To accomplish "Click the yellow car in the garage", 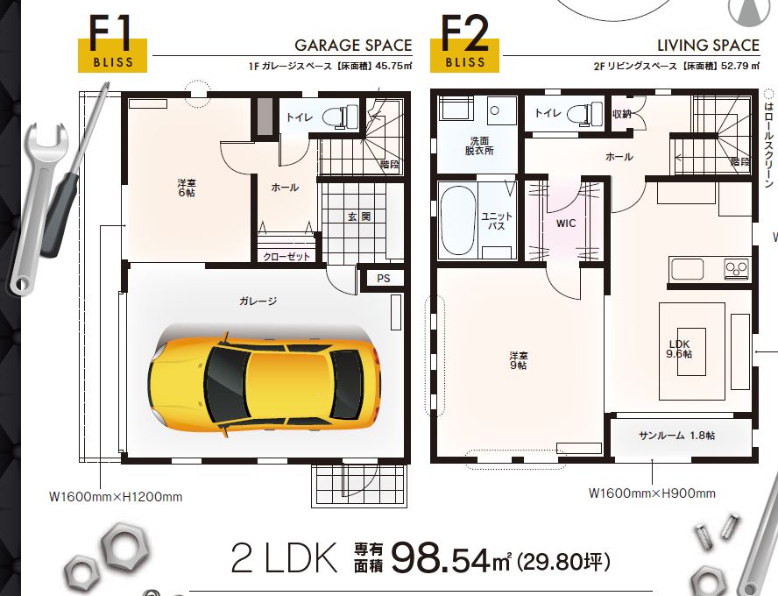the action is (x=264, y=381).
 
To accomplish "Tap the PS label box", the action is (x=384, y=279).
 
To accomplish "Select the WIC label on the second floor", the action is (x=566, y=223).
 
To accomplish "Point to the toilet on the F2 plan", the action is (x=585, y=114).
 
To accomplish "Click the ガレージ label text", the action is (x=258, y=301).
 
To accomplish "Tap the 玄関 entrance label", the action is (x=358, y=216).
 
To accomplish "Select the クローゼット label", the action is (x=286, y=257).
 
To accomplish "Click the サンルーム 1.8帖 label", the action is (x=676, y=436).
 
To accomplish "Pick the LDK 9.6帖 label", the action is (x=679, y=349).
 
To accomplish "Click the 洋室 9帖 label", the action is (x=518, y=361).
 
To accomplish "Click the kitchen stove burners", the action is (x=736, y=269).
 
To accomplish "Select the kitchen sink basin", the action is (x=687, y=269).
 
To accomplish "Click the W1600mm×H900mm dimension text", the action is (x=652, y=493).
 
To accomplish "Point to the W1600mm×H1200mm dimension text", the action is (x=116, y=497).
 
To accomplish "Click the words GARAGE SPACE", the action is (x=353, y=46).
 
